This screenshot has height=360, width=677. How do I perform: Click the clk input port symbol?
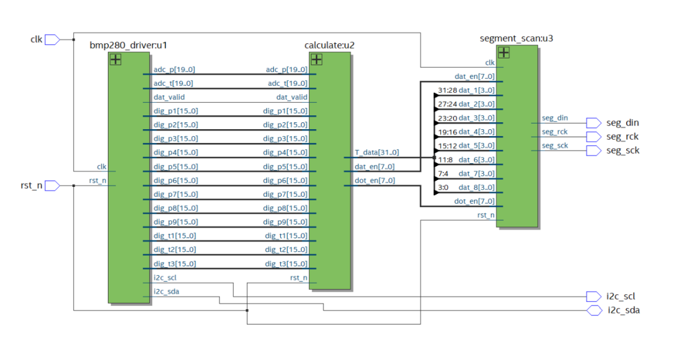coord(52,40)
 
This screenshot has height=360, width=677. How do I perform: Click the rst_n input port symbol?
coord(52,186)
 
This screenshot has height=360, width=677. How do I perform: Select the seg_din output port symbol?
coord(593,122)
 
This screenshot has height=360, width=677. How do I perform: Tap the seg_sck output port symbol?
coord(593,151)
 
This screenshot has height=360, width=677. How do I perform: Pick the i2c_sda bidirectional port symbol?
coord(594,310)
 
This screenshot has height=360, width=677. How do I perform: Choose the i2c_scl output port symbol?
coord(593,296)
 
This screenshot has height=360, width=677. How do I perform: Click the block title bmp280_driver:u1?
coord(129,45)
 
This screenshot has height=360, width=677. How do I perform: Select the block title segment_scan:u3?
coord(516,38)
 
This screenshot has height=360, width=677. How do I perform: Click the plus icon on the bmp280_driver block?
coord(115,60)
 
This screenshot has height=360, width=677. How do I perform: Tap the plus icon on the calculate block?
coord(317,60)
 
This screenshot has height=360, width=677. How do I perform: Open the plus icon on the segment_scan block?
coord(503,53)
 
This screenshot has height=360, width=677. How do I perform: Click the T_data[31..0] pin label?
coord(376,152)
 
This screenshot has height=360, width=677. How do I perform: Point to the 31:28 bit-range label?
coord(447,90)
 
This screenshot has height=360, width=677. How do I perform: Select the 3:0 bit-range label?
coord(443,187)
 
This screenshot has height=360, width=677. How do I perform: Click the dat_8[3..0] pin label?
coord(476,187)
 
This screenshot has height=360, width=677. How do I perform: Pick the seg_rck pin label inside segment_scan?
coord(554,132)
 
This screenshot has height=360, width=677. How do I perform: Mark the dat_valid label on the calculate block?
coord(291,97)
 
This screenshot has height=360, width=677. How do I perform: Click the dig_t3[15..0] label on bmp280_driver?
coord(175,263)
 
